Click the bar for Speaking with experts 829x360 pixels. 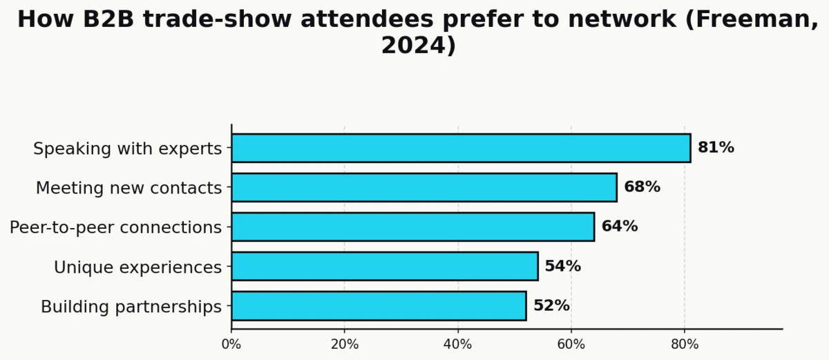coord(461,148)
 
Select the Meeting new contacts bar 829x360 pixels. coord(423,187)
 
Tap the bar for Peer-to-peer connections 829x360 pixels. coord(412,227)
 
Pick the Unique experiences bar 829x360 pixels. coord(384,266)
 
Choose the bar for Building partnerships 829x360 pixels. coord(379,305)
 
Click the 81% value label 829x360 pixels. coord(716,148)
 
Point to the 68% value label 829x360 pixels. coord(642,187)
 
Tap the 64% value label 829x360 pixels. coord(619,227)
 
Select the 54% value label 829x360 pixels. coord(562,266)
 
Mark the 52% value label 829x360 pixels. coord(551,305)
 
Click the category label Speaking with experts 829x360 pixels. coord(128,149)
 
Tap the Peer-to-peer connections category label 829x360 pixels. coord(115,227)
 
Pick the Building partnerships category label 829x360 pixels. coord(131,306)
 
